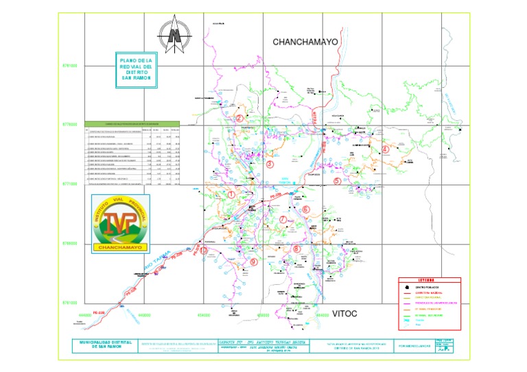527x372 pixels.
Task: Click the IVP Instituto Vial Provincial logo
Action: [120, 221]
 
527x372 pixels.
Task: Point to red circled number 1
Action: [231, 195]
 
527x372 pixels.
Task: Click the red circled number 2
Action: [239, 118]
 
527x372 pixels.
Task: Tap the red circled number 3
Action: [270, 165]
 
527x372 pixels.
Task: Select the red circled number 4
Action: [385, 149]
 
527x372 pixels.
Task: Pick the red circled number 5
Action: [337, 181]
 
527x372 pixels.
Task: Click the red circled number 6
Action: [306, 209]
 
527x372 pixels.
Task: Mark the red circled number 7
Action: [283, 220]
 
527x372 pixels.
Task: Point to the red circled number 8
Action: [296, 249]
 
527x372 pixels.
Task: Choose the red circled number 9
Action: [253, 261]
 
